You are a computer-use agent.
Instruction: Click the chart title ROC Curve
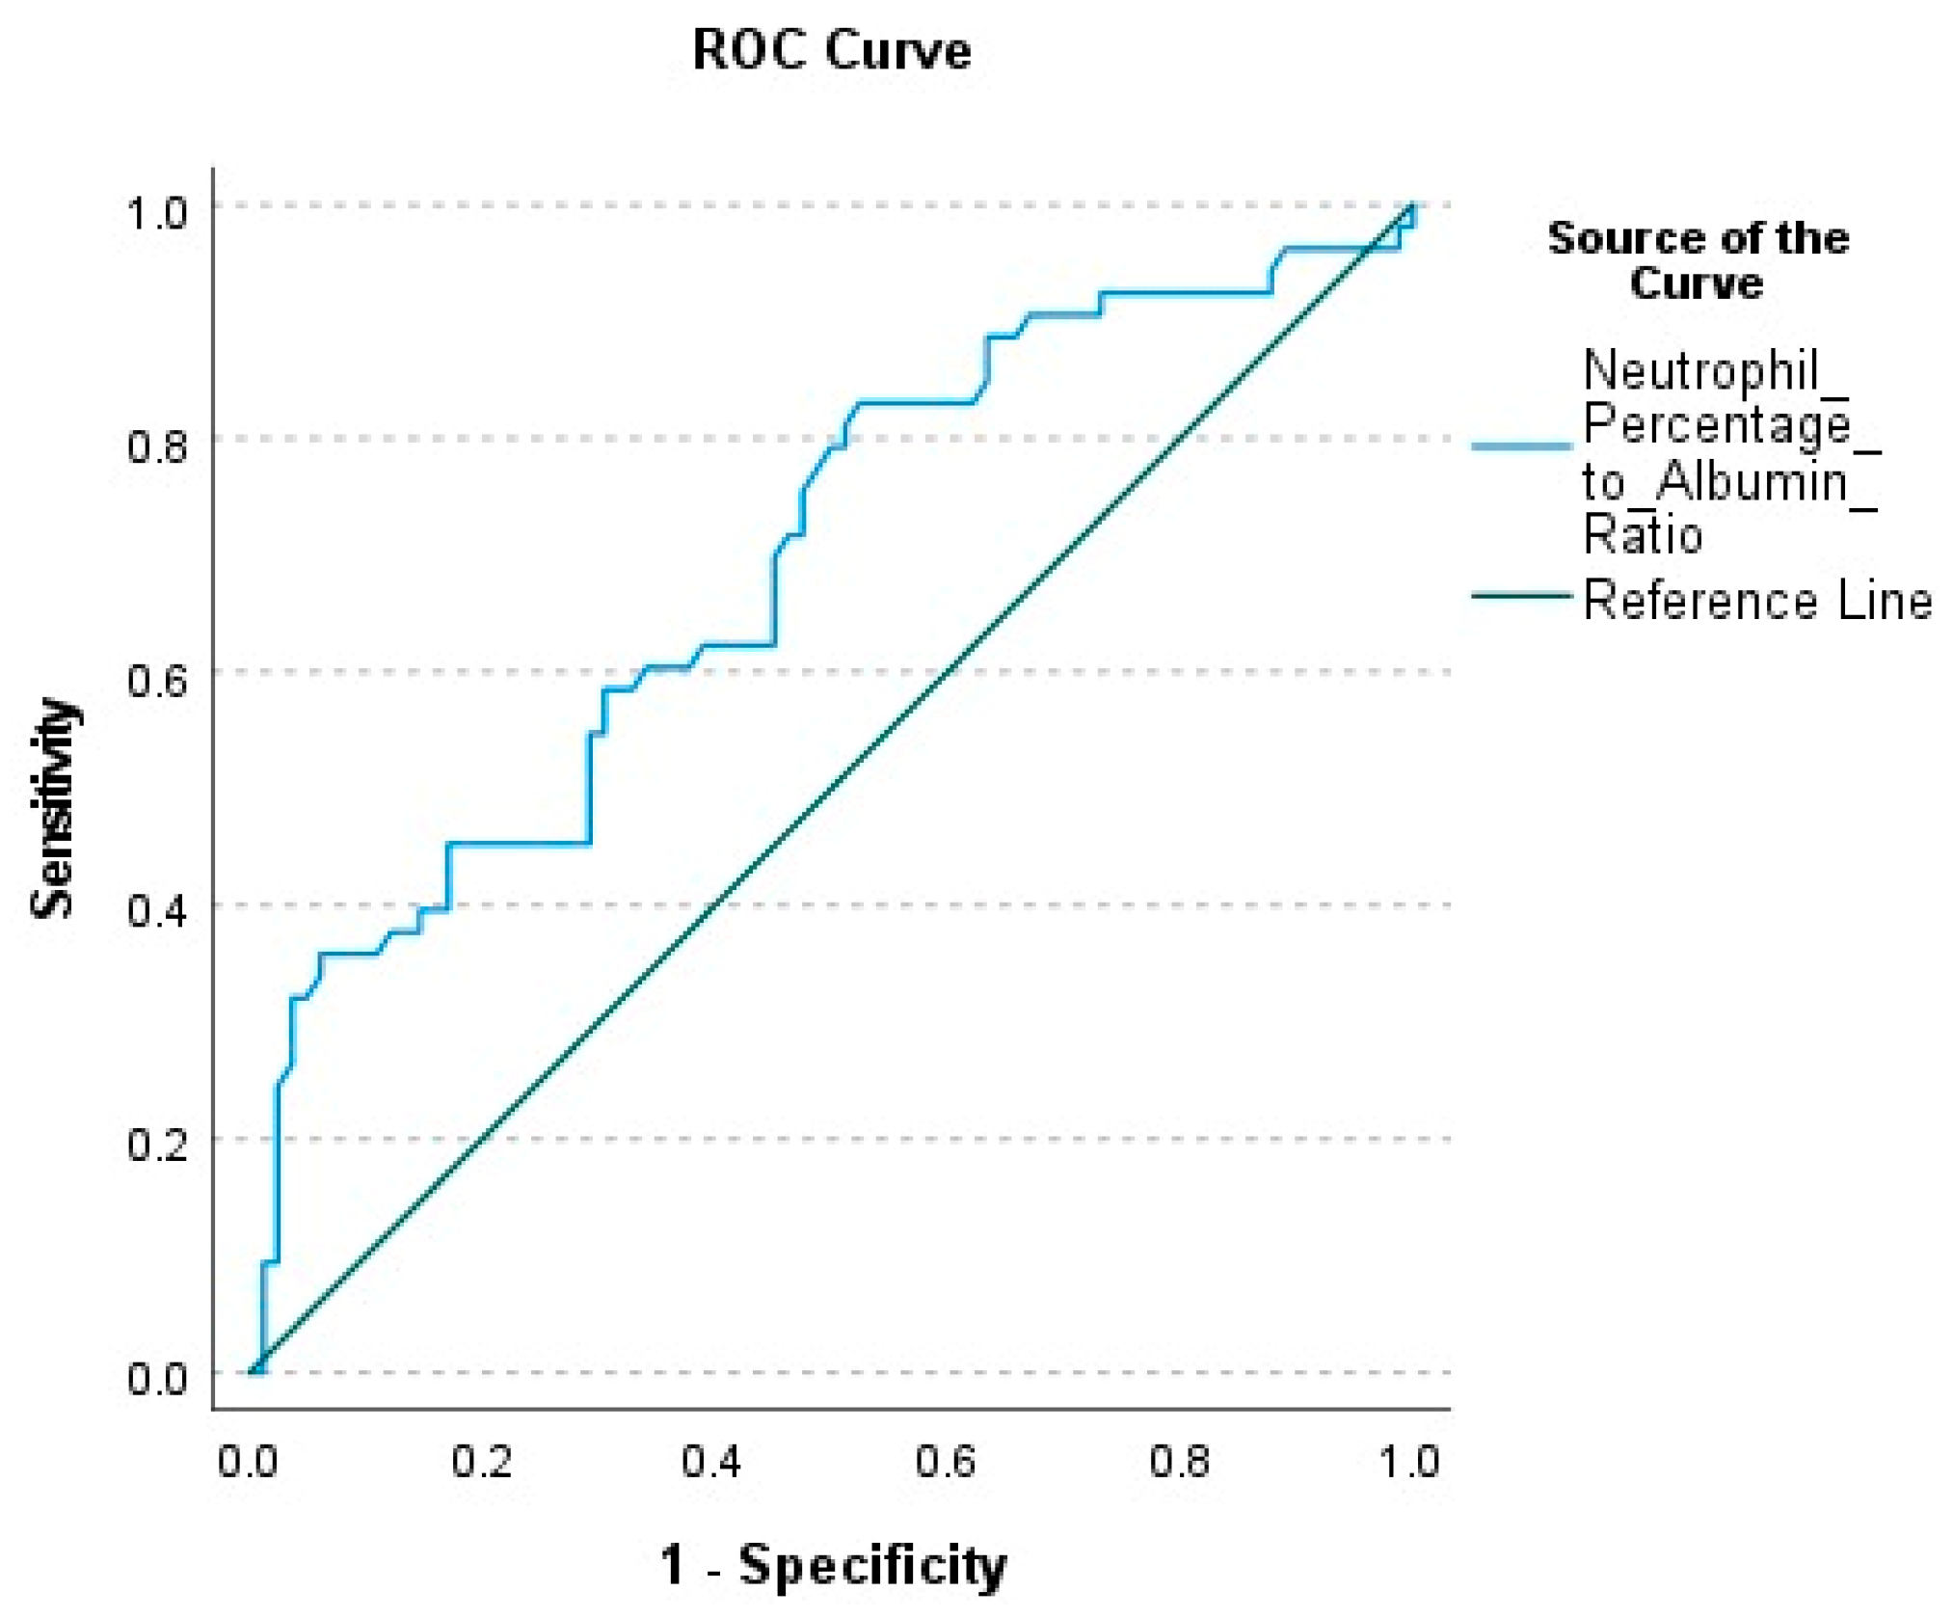coord(831,50)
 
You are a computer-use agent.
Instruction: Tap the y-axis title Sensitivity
coord(53,808)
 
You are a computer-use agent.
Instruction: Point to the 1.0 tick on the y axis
coord(157,211)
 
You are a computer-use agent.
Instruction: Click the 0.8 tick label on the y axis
coord(157,445)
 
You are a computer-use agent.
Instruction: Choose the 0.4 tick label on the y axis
coord(157,911)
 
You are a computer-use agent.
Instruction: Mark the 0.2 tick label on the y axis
coord(157,1145)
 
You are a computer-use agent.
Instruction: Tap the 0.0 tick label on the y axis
coord(157,1378)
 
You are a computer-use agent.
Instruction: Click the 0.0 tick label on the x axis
coord(248,1462)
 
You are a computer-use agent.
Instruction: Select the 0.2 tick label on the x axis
coord(481,1462)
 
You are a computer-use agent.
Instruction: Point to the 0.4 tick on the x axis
coord(712,1462)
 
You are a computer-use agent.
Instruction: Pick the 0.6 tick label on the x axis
coord(946,1462)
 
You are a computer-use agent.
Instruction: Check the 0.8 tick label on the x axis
coord(1179,1462)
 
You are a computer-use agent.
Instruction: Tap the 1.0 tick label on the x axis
coord(1410,1462)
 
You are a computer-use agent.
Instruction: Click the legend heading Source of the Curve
coord(1698,260)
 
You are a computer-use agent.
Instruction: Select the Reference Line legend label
coord(1757,601)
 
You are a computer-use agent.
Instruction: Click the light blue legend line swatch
coord(1521,446)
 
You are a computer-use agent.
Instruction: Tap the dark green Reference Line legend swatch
coord(1521,597)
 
